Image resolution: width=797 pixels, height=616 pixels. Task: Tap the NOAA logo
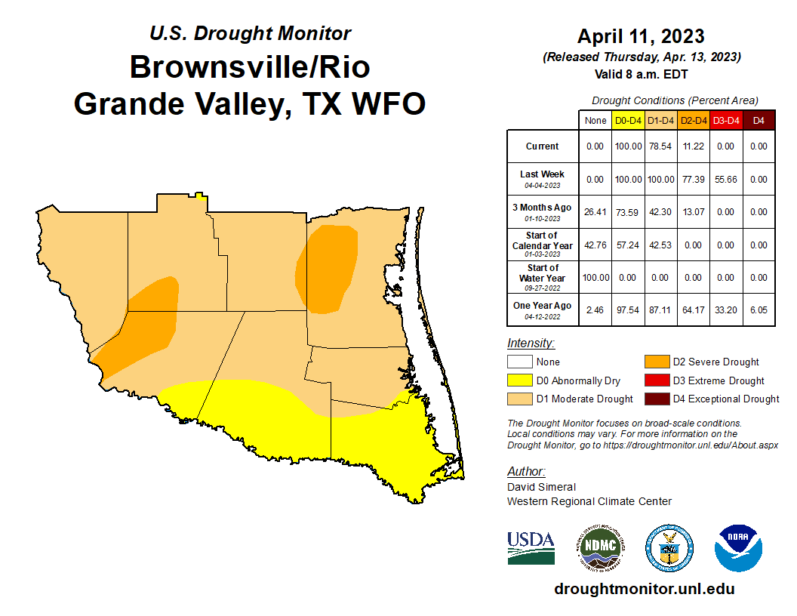pos(739,548)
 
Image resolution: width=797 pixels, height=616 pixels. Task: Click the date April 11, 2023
pos(641,36)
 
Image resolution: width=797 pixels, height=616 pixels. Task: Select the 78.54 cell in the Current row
pos(660,146)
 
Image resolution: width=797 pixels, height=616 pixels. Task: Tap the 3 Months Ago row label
pos(543,211)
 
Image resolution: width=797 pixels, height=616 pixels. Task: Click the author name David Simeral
pos(541,487)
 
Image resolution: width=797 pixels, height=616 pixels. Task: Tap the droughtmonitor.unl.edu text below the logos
pos(644,589)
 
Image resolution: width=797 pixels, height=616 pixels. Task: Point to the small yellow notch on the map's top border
pos(199,196)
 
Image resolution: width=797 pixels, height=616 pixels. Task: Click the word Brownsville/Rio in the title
pos(250,67)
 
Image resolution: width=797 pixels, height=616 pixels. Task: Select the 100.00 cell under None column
pos(595,277)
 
